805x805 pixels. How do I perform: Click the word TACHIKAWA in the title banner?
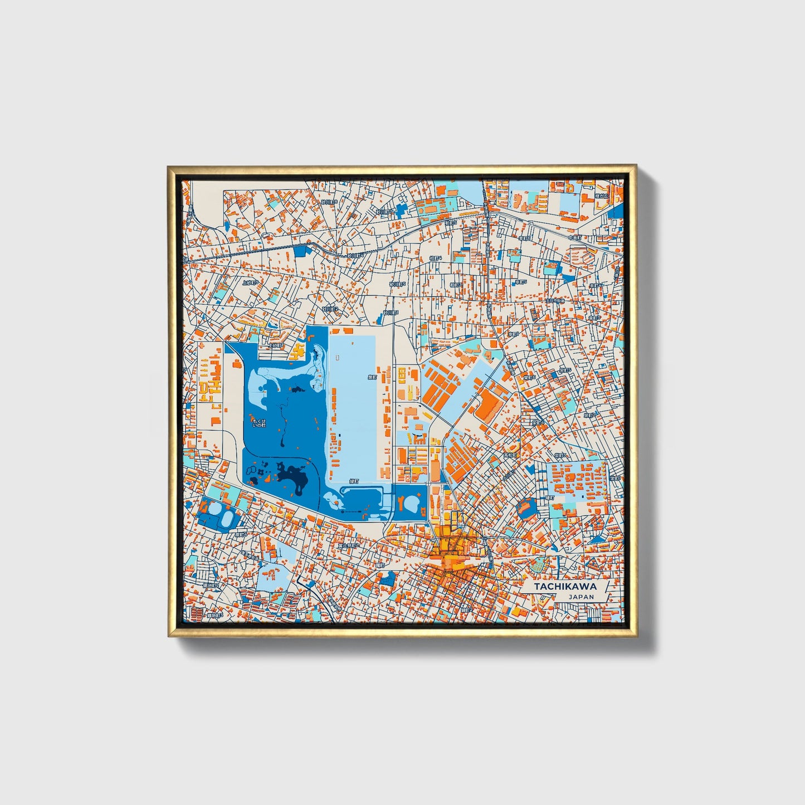(x=565, y=587)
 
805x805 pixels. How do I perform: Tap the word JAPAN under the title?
(x=581, y=597)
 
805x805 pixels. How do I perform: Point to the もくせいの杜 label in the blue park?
(x=259, y=422)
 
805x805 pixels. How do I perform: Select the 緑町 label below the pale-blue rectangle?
(x=354, y=481)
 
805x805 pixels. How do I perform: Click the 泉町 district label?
(x=372, y=377)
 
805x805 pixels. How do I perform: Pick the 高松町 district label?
(x=510, y=456)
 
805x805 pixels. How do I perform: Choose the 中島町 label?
(x=575, y=237)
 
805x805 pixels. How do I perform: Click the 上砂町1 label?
(x=277, y=345)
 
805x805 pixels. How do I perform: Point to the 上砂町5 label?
(x=250, y=282)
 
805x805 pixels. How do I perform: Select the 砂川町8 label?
(x=329, y=202)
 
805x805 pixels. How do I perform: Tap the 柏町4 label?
(x=436, y=258)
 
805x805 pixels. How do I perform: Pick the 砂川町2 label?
(x=330, y=309)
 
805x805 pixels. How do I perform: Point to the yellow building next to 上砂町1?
(x=299, y=351)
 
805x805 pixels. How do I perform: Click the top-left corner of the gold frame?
(x=169, y=167)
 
